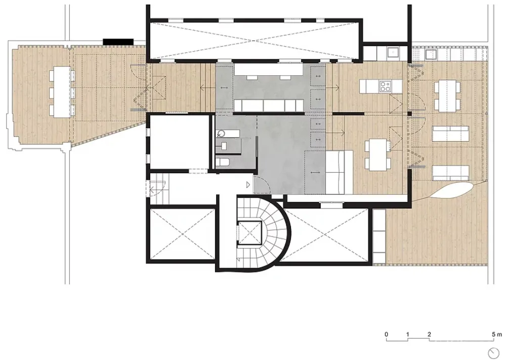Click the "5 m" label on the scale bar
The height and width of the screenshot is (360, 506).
click(x=497, y=335)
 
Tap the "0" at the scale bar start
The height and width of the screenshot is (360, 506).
click(x=386, y=335)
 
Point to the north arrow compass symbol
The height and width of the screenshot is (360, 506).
click(x=493, y=351)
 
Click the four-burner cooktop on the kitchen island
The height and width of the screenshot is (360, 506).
click(x=385, y=86)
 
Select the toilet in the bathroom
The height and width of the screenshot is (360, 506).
click(x=223, y=162)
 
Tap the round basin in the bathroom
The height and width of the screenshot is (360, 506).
click(x=222, y=133)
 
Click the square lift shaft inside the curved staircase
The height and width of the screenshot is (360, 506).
click(x=249, y=233)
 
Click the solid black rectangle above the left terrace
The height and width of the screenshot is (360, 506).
click(x=118, y=42)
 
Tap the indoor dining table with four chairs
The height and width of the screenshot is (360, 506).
click(x=376, y=154)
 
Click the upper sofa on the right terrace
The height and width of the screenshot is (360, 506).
click(x=450, y=134)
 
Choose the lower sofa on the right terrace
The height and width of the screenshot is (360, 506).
click(x=450, y=174)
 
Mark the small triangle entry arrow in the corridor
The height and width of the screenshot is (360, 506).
click(x=248, y=185)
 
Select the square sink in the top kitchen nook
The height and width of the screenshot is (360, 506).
click(x=393, y=52)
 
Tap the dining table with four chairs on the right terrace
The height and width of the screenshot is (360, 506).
click(x=447, y=96)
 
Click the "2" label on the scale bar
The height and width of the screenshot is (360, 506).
click(x=429, y=335)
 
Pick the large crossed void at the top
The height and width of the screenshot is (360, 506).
click(x=255, y=41)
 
